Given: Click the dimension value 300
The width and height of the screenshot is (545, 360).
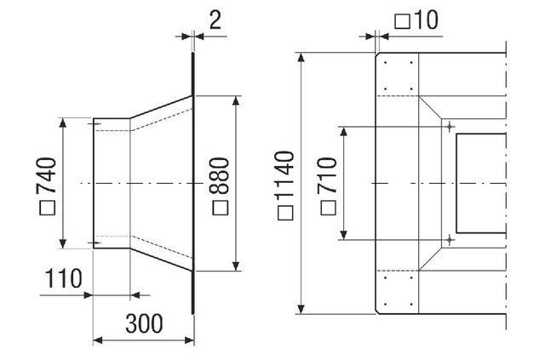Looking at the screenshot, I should tap(145, 323).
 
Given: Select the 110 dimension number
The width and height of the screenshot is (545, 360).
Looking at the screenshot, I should tap(64, 278).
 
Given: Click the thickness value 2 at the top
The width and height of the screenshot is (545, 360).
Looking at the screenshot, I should tap(215, 20).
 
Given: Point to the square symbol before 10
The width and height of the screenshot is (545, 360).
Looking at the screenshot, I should tap(400, 20).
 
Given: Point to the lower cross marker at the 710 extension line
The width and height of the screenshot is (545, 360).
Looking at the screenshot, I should tap(449, 240).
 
